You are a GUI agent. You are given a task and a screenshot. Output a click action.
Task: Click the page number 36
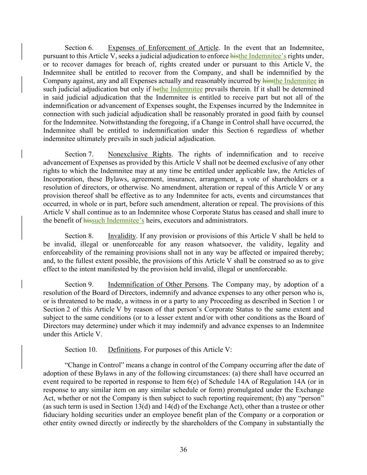[183, 450]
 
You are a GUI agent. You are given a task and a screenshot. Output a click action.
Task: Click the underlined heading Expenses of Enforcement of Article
[163, 48]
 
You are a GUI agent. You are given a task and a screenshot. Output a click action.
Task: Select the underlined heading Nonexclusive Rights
[139, 154]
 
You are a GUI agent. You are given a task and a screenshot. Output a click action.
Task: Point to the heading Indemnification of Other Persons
[157, 284]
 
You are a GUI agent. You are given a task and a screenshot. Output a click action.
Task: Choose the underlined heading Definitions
[124, 349]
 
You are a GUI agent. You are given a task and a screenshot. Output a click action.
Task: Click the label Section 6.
[79, 48]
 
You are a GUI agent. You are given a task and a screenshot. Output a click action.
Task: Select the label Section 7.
[79, 154]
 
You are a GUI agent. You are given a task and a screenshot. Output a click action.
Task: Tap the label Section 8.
[79, 236]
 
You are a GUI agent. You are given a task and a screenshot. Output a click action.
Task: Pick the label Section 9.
[79, 284]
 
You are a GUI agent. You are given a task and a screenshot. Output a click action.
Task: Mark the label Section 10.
[81, 349]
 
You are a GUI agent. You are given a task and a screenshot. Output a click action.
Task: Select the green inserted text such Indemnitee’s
[118, 220]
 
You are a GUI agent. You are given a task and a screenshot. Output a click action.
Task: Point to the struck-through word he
[156, 89]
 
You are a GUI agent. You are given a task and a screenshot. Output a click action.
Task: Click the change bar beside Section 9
[22, 284]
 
